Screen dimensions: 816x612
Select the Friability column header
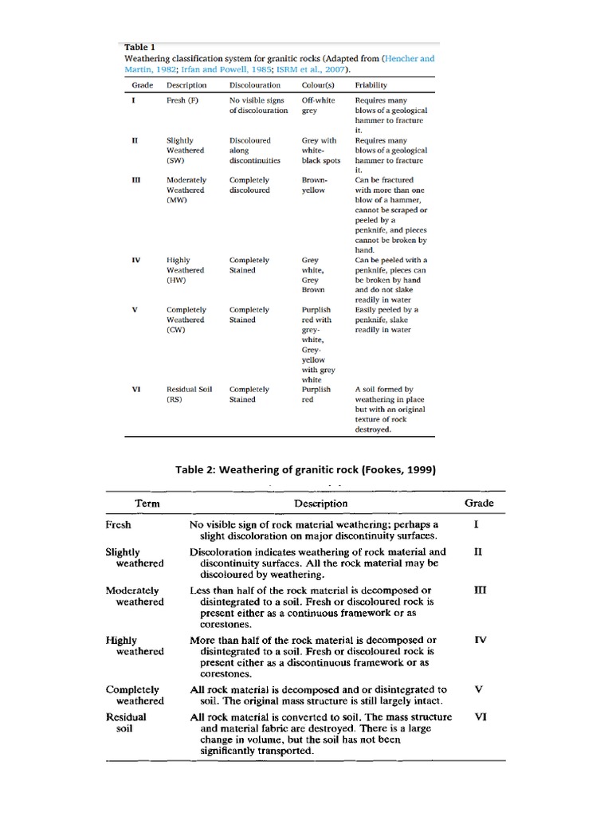[371, 84]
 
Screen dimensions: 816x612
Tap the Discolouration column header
[254, 84]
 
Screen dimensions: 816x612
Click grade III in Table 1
[136, 180]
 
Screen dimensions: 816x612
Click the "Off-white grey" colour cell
[318, 105]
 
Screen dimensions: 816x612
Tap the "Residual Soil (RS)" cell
[186, 394]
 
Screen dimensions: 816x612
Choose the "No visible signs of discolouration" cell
[258, 105]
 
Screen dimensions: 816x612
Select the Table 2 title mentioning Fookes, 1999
[305, 469]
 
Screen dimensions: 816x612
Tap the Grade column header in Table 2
[479, 503]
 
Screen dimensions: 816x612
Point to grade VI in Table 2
[480, 716]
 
